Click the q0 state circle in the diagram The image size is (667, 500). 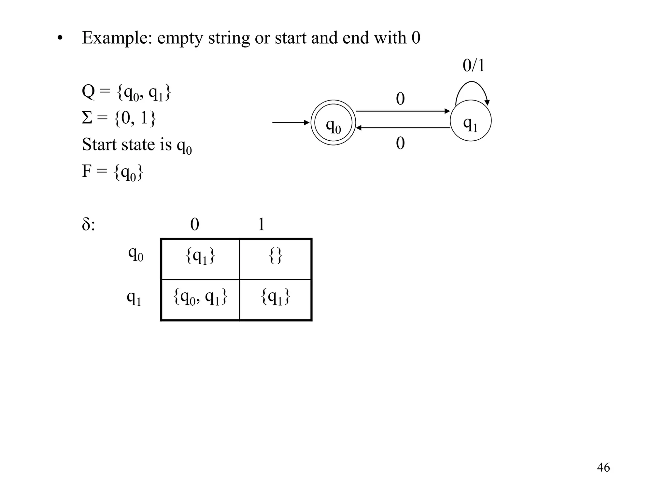333,123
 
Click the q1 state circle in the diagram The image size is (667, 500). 471,121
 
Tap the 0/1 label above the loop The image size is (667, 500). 474,65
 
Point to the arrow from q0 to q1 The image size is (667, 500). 403,111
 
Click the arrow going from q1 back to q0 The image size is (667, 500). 403,128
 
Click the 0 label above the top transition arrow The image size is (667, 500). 400,99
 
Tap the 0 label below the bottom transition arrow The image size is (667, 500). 400,143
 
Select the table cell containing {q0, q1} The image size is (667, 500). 200,300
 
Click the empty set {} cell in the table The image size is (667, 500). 276,259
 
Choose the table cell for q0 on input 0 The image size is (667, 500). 200,259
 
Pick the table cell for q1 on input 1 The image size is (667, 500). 276,300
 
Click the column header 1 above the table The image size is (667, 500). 261,224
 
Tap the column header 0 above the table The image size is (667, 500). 194,224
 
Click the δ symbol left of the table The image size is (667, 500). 86,224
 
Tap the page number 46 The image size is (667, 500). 603,467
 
